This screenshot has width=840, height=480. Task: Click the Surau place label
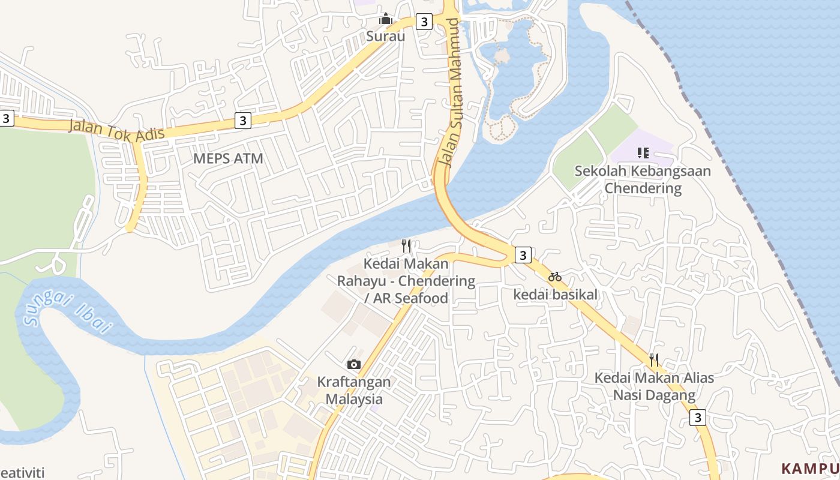tap(386, 36)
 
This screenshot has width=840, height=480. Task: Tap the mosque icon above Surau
tap(386, 19)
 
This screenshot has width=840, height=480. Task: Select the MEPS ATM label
tap(228, 158)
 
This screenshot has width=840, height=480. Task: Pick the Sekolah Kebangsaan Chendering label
tap(643, 179)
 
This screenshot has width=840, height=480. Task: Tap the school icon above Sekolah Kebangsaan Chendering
tap(643, 153)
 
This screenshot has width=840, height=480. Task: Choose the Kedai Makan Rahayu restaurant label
tap(406, 281)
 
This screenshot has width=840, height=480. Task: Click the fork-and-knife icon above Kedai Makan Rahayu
tap(406, 245)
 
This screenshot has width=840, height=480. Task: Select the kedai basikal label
tap(556, 295)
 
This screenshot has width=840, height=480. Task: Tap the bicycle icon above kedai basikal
tap(555, 277)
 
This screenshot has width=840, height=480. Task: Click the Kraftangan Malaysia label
tap(354, 390)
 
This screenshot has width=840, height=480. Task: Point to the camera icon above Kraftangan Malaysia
tap(354, 364)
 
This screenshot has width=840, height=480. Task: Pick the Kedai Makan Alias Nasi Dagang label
tap(654, 386)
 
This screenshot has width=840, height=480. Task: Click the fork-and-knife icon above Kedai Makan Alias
tap(654, 360)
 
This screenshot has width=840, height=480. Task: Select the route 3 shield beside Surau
tap(424, 22)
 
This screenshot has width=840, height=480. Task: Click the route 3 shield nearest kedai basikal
tap(523, 255)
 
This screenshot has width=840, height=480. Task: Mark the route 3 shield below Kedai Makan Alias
tap(697, 418)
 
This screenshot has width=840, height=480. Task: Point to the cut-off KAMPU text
tap(810, 468)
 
